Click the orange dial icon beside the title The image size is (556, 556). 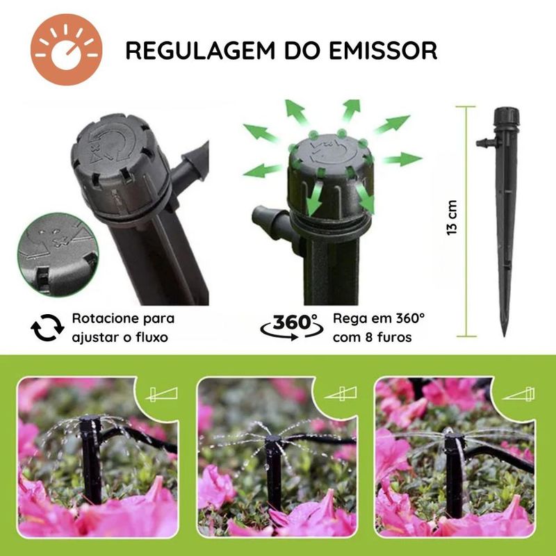pyautogui.click(x=66, y=49)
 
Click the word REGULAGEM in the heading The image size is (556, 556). pyautogui.click(x=200, y=50)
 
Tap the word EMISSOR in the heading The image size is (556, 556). pyautogui.click(x=383, y=50)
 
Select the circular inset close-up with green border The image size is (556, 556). pyautogui.click(x=58, y=254)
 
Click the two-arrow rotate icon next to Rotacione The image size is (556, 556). pyautogui.click(x=47, y=327)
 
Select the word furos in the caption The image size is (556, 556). pyautogui.click(x=394, y=337)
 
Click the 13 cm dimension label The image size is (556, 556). pyautogui.click(x=452, y=218)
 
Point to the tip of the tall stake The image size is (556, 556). pyautogui.click(x=504, y=336)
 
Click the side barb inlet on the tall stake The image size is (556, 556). pyautogui.click(x=486, y=142)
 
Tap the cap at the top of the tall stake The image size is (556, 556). pyautogui.click(x=507, y=116)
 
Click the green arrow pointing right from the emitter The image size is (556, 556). pyautogui.click(x=402, y=159)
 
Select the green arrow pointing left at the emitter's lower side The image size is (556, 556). pyautogui.click(x=263, y=170)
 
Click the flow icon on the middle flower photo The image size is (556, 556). pyautogui.click(x=341, y=393)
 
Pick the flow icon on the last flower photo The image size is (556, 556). pyautogui.click(x=519, y=394)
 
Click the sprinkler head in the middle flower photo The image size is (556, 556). pyautogui.click(x=274, y=441)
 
